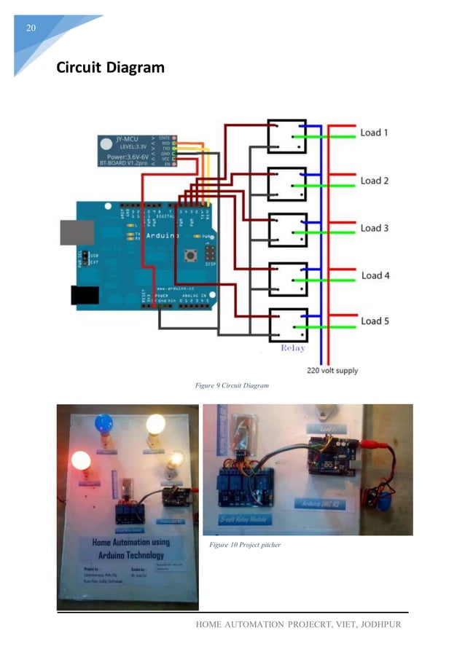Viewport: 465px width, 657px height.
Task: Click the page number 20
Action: point(31,28)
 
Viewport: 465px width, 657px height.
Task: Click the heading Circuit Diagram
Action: point(110,68)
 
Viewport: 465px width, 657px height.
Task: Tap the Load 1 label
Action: point(375,133)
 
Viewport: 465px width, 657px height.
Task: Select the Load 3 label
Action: point(375,228)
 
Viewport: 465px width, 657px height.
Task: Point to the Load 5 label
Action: point(375,320)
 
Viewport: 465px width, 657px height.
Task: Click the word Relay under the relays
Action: point(293,349)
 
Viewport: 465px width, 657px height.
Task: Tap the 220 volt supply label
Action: point(332,370)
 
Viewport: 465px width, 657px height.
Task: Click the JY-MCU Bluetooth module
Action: point(126,150)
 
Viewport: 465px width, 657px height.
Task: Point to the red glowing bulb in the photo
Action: point(80,460)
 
